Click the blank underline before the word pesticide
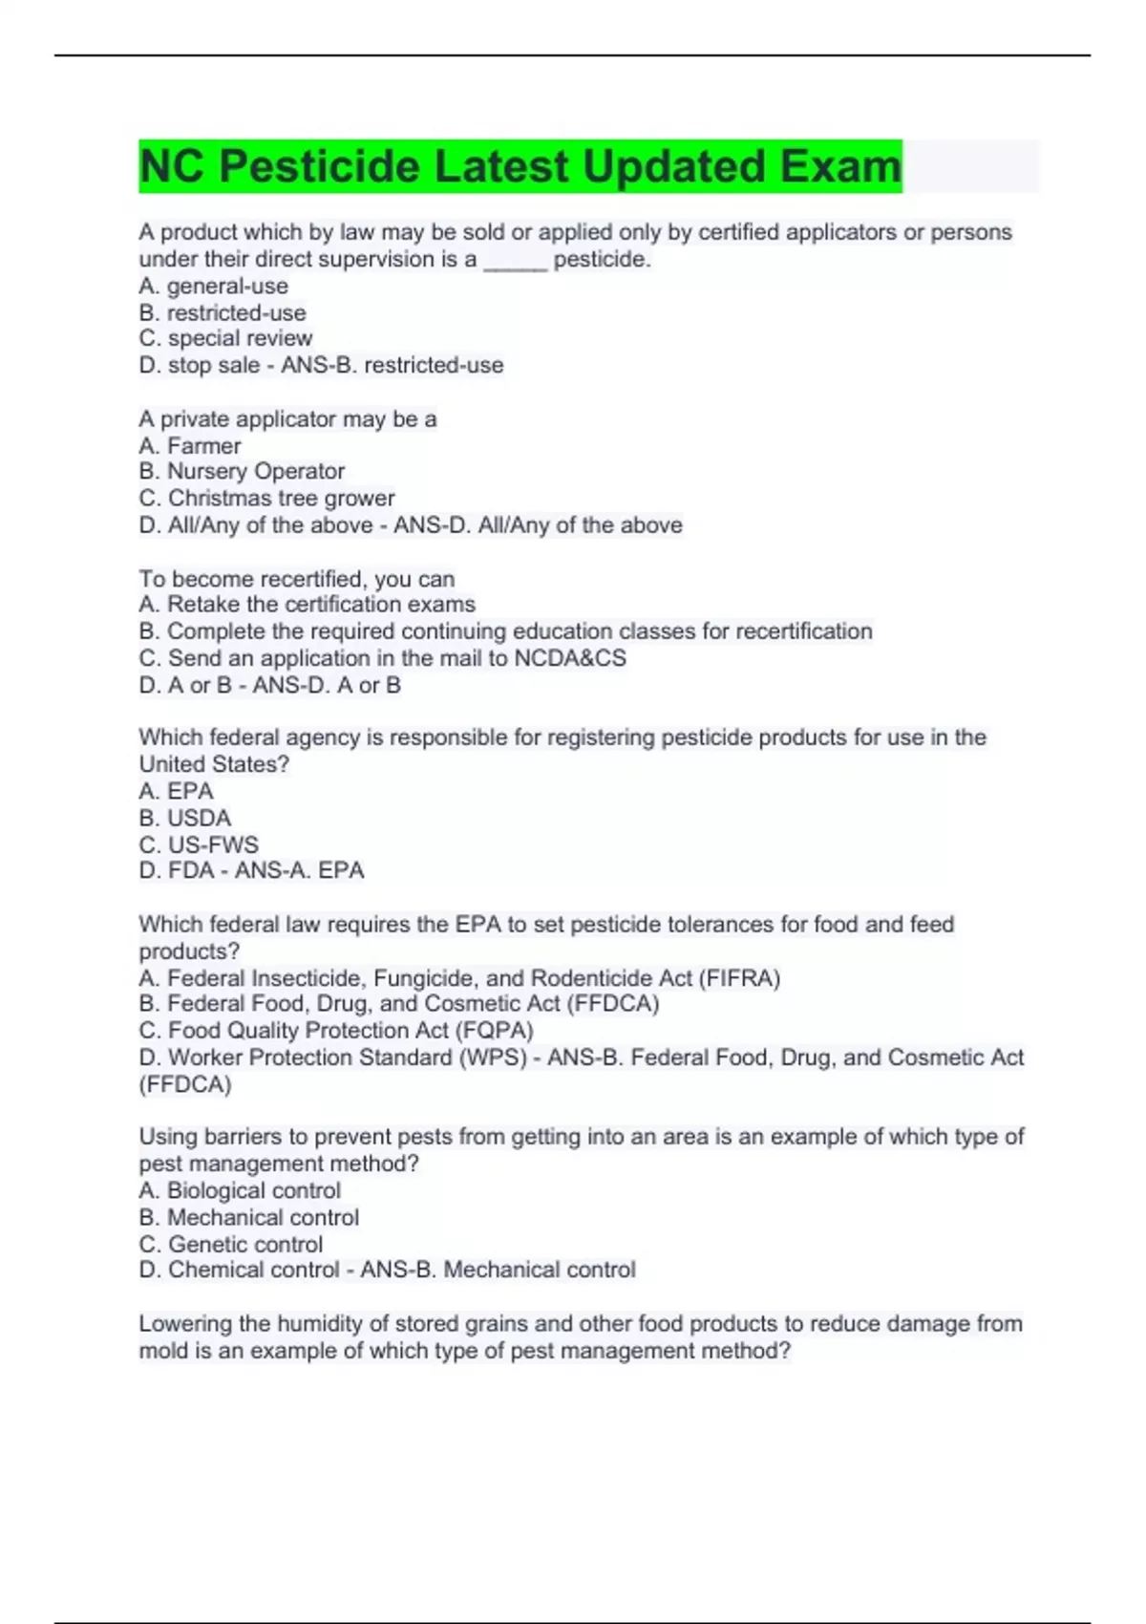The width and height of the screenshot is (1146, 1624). point(516,261)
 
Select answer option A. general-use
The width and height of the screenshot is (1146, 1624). point(213,286)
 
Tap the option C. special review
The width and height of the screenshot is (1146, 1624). point(225,338)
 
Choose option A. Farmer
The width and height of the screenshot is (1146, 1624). point(190,445)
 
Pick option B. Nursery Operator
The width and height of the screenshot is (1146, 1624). point(242,471)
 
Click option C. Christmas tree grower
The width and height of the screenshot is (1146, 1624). point(266,498)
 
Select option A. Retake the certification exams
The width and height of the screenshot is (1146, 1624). point(307,604)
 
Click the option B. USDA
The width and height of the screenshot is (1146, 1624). point(185,818)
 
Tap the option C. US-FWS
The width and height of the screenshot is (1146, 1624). point(199,844)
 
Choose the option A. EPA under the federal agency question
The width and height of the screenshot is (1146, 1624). point(176,791)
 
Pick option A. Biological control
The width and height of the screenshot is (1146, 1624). point(240,1190)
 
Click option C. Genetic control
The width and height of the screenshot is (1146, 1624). point(231,1244)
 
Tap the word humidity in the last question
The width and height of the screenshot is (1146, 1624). point(333,1324)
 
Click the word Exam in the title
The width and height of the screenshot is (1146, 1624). point(840,166)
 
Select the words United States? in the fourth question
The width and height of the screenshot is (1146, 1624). point(214,764)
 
